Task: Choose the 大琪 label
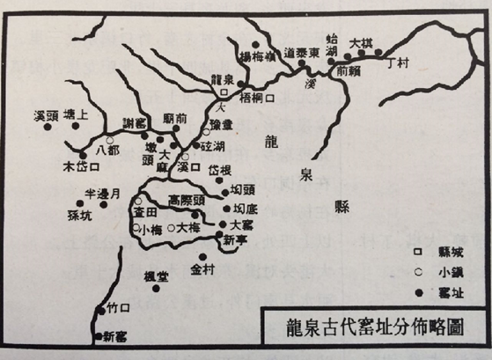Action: tap(361, 41)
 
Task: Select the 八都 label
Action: tap(106, 151)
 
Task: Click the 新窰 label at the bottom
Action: tap(114, 334)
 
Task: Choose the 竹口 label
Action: tap(117, 307)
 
